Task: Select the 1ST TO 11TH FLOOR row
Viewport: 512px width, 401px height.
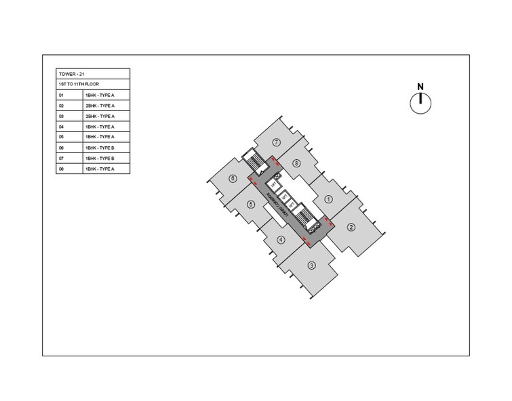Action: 79,85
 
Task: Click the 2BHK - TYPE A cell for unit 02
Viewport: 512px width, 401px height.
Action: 100,106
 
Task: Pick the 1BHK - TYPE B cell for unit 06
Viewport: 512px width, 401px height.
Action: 100,148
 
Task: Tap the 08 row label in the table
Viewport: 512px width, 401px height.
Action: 62,168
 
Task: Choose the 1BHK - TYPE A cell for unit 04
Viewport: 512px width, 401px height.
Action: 100,127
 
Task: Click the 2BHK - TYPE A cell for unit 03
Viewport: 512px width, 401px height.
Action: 100,117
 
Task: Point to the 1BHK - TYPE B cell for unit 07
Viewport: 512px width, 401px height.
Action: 100,158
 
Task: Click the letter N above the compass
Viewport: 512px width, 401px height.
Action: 420,87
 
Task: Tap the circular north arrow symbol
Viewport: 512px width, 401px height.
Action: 420,102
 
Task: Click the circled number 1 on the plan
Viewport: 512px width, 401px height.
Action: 328,199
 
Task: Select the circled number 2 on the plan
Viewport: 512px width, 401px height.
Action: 351,227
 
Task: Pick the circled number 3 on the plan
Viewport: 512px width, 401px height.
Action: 311,265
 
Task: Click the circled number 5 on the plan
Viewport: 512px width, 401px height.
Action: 251,205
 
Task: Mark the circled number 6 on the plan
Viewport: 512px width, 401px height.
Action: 233,179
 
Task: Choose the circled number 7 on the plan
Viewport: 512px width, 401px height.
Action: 276,142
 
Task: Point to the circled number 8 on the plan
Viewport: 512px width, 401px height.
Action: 296,163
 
